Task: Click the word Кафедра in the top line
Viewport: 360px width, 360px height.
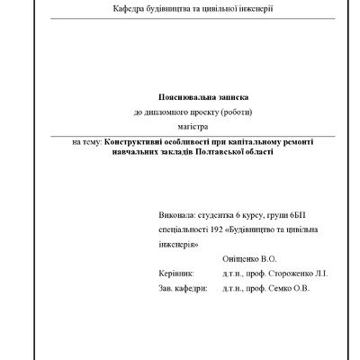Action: pyautogui.click(x=130, y=8)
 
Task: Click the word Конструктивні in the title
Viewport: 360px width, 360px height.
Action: pyautogui.click(x=141, y=142)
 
